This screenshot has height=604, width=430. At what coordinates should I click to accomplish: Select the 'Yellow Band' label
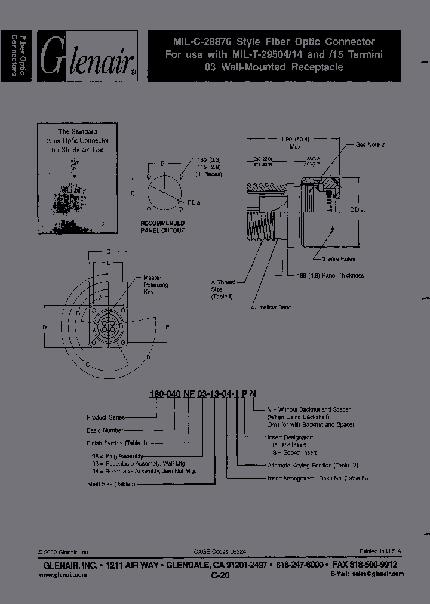275,307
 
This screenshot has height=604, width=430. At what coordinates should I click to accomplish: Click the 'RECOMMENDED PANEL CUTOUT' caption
162,226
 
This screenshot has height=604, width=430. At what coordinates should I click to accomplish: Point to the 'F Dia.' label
194,204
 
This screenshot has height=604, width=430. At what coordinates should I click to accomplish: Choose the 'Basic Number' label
105,430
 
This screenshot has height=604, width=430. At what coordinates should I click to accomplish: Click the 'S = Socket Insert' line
291,452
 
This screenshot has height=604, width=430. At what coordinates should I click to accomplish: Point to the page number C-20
219,576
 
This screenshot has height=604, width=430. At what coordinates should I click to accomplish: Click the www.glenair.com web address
62,574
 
